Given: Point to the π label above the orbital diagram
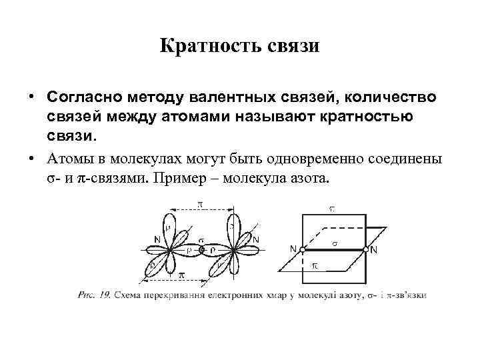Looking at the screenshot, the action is (200, 203).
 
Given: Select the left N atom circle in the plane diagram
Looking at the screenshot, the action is (302, 249).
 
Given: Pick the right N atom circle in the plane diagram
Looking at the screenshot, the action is (366, 249).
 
